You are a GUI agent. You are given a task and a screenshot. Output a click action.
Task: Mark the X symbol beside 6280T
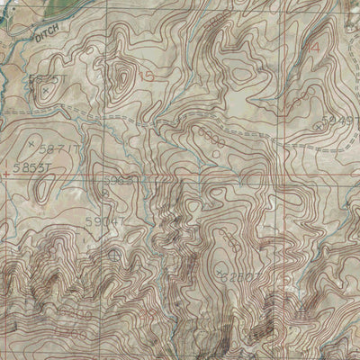(221, 270)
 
